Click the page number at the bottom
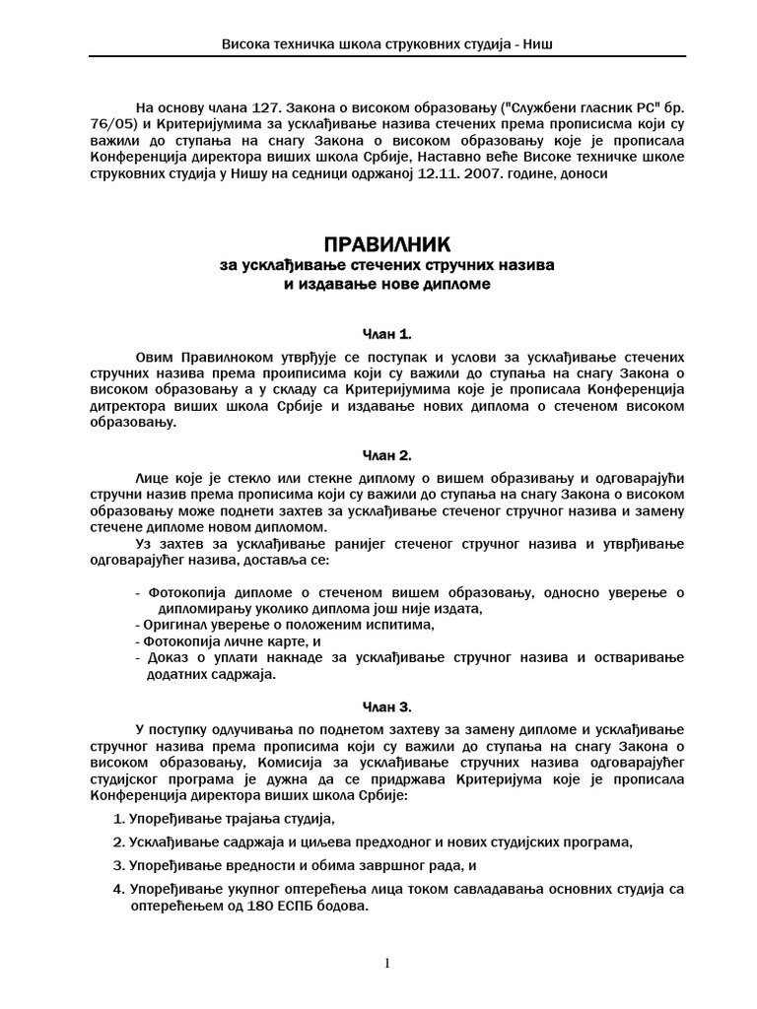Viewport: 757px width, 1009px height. (388, 963)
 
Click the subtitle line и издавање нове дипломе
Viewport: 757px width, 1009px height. (383, 285)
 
